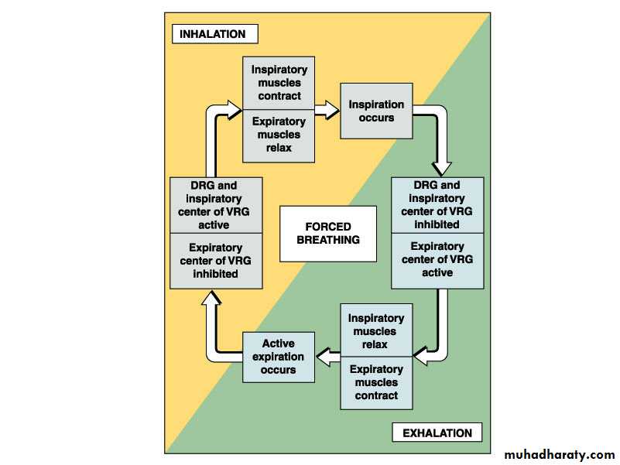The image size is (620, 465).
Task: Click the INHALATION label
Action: [212, 34]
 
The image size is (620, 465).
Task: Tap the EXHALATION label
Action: [437, 433]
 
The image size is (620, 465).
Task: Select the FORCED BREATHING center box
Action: [327, 233]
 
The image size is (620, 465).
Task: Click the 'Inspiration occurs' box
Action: [376, 111]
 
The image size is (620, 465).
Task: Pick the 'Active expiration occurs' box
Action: [279, 357]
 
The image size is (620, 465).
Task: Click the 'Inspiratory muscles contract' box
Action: [279, 82]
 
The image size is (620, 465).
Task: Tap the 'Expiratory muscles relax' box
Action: [279, 135]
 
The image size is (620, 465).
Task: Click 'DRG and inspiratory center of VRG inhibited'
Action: [437, 205]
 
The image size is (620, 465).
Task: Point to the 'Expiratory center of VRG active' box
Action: [437, 260]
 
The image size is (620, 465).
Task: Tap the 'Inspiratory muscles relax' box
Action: [376, 330]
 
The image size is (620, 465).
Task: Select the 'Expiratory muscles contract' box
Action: [376, 382]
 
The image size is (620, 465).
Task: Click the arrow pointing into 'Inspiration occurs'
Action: [329, 110]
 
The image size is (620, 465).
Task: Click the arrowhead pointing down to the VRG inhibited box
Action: [441, 166]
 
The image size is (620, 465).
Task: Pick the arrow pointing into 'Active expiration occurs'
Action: [326, 357]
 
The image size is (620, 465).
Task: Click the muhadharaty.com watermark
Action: [559, 454]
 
